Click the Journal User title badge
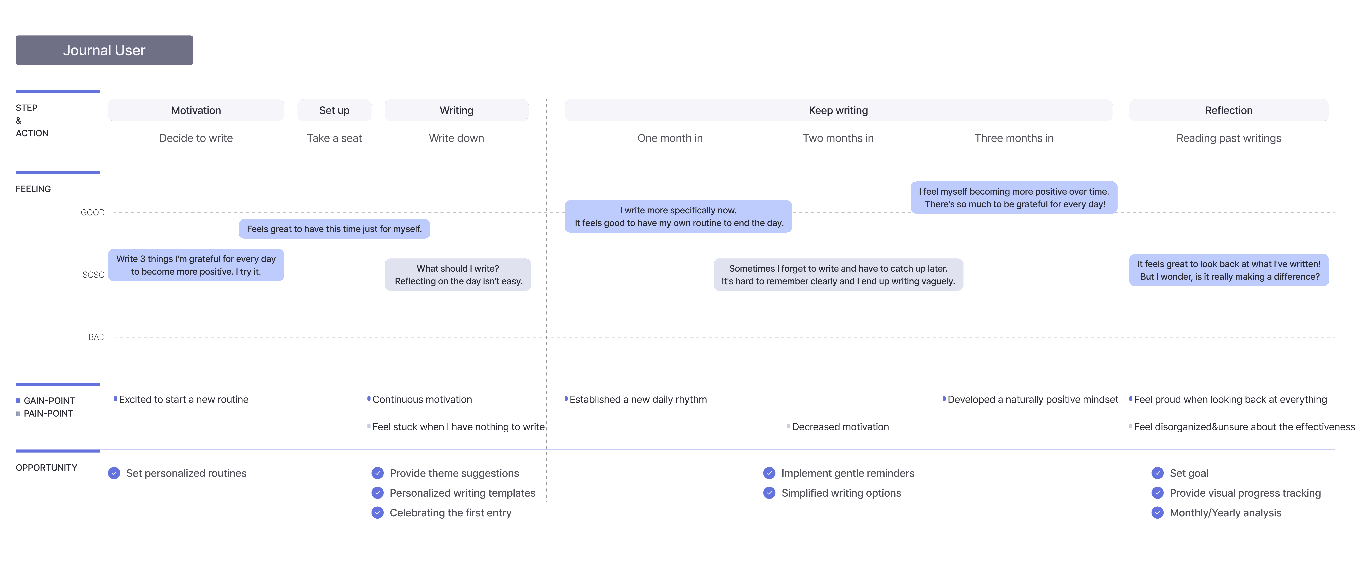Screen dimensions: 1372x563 click(x=104, y=50)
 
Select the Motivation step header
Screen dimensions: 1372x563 click(x=196, y=110)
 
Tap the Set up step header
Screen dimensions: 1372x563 click(x=335, y=110)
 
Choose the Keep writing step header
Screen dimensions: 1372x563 click(x=838, y=110)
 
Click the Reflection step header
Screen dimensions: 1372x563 click(x=1229, y=110)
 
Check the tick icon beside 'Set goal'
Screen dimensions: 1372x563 click(x=1157, y=473)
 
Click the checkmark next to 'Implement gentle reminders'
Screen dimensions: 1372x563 click(x=769, y=473)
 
